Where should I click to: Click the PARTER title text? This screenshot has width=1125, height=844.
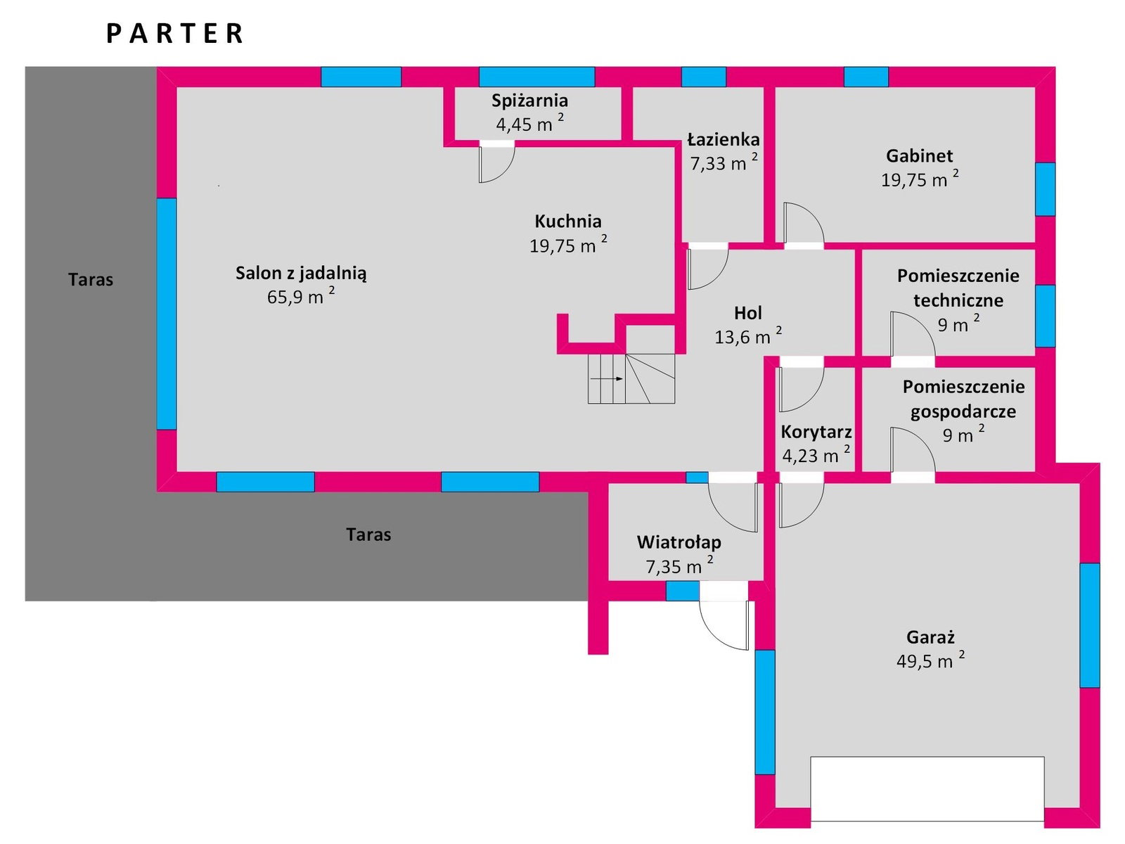175,34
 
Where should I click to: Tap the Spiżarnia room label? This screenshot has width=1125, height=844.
529,101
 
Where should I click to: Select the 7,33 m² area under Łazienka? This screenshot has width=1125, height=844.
723,163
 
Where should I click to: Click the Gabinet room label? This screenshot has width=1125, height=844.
919,155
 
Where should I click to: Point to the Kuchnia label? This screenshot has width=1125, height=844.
568,222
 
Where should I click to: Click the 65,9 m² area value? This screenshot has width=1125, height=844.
300,297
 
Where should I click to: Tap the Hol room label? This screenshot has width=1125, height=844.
747,313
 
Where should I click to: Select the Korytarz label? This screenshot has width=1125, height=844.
816,432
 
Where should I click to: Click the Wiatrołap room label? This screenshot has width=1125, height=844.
679,542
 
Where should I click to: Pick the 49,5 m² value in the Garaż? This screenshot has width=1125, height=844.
930,661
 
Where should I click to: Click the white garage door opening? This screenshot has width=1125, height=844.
927,788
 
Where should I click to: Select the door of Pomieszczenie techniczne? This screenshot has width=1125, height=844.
913,338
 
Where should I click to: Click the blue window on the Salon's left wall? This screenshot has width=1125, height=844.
167,314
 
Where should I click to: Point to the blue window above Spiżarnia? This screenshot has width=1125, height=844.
536,77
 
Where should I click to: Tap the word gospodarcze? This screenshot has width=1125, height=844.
963,411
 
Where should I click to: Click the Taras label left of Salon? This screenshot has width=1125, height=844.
91,280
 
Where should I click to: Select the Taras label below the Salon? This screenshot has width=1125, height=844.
368,535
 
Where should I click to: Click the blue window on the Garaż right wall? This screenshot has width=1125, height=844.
1089,625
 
